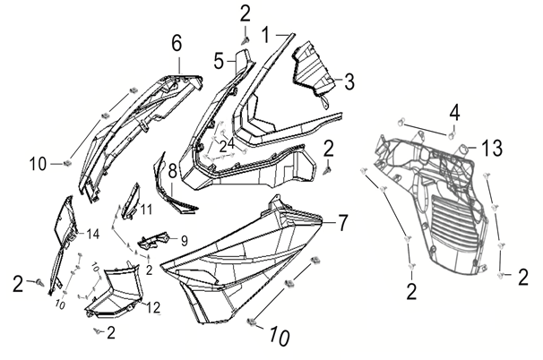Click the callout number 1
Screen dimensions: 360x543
coord(265,36)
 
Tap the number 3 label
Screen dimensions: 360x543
coord(349,81)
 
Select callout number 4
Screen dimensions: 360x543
coord(454,114)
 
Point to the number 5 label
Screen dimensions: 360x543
coord(218,61)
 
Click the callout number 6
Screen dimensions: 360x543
coord(177,42)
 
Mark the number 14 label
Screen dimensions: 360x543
coord(91,235)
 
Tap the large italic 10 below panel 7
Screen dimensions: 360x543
coord(279,338)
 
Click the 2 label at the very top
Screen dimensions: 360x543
coord(245,13)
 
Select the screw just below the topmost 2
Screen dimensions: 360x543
coord(245,39)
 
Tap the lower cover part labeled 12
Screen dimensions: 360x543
coord(112,291)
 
